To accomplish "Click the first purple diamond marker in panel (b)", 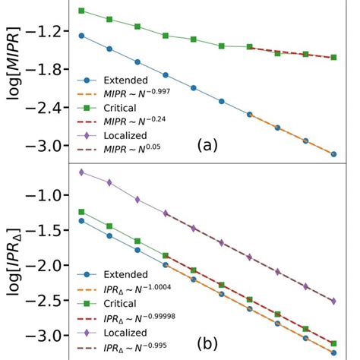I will coord(81,172).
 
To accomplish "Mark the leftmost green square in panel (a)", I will coord(81,11).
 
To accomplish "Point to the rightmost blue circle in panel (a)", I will coord(333,154).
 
